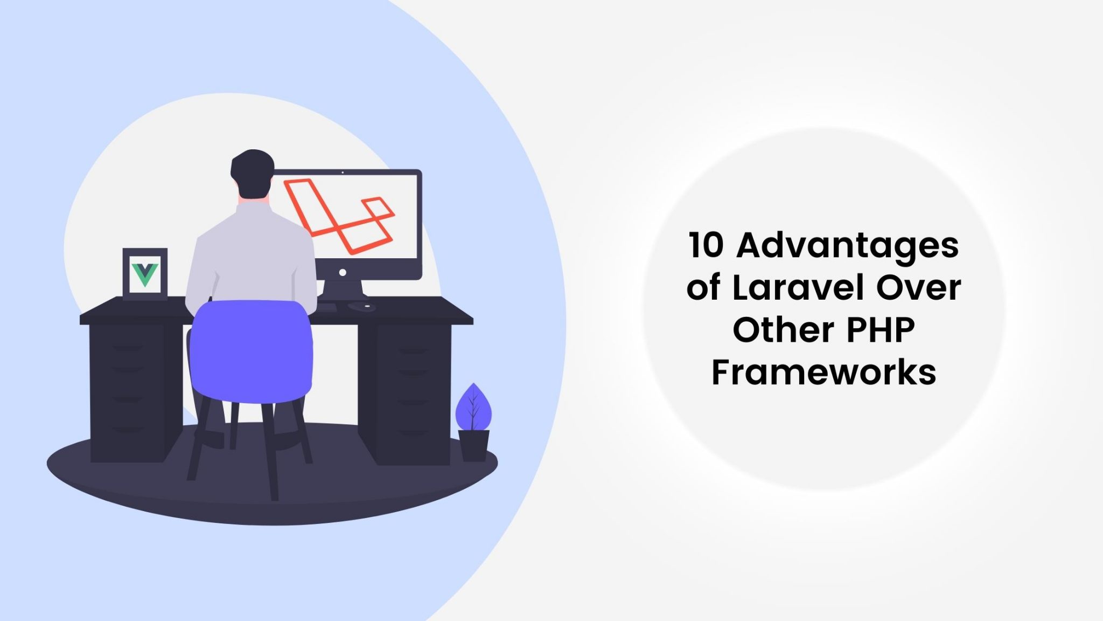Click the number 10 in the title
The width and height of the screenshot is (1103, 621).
[706, 245]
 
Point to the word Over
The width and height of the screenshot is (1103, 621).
[919, 288]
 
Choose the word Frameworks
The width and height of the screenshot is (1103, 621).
[823, 371]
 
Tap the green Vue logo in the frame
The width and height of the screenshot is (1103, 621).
[145, 274]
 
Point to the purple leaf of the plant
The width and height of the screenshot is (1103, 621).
[473, 407]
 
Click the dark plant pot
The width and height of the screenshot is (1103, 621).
[473, 445]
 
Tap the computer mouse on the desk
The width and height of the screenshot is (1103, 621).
[362, 306]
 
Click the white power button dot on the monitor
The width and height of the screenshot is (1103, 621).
[343, 273]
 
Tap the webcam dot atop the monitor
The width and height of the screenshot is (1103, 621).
[343, 172]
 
